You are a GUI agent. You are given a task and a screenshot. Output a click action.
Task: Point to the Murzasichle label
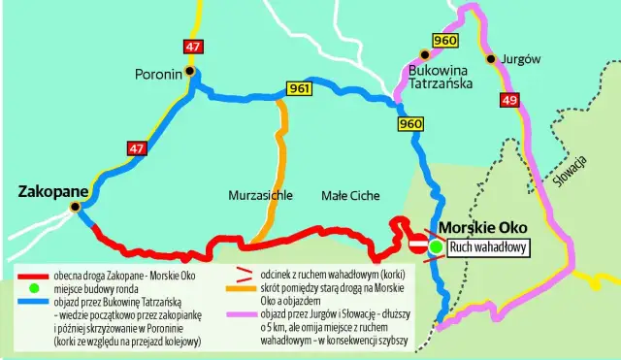point(260,195)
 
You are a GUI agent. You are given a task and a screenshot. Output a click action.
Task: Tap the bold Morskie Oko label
point(481,230)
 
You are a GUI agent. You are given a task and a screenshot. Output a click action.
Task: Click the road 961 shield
point(300,89)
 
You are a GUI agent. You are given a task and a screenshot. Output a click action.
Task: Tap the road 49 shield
point(510,101)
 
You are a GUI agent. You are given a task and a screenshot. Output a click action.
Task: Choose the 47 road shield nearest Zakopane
point(136,147)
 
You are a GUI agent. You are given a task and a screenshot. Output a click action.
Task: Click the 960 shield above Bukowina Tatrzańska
point(445,40)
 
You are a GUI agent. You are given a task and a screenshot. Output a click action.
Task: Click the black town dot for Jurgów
point(492,59)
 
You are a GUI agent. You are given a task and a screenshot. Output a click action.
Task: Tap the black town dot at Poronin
point(190,71)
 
